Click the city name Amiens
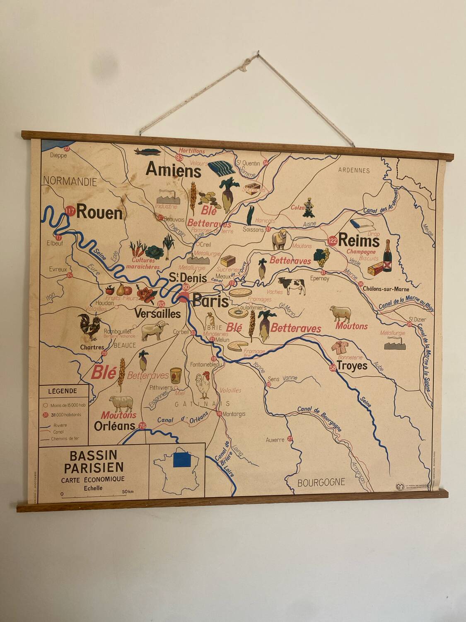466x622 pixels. point(174,170)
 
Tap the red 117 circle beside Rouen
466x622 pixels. point(70,211)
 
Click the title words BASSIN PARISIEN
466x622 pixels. point(93,462)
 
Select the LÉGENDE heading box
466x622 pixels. point(63,391)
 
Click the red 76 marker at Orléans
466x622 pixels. point(142,426)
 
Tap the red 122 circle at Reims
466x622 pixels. point(332,240)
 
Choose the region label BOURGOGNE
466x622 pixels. point(321,482)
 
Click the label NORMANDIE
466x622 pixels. point(70,181)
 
